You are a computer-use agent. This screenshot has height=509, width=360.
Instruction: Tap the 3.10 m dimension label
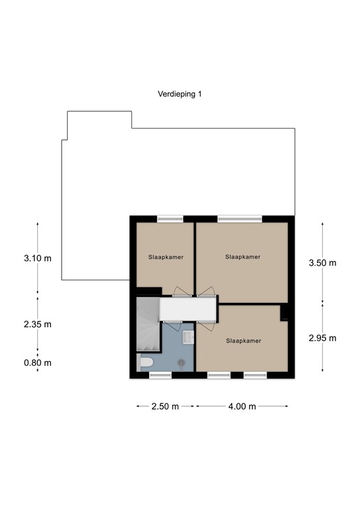37,258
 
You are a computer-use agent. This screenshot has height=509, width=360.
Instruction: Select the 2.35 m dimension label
37,324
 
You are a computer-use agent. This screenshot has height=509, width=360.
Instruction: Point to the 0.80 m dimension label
37,363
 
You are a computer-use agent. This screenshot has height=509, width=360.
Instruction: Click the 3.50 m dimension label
322,262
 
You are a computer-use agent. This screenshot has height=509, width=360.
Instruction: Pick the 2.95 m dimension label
322,337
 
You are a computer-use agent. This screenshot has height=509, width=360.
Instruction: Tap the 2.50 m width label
166,406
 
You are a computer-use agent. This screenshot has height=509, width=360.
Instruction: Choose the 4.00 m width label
242,406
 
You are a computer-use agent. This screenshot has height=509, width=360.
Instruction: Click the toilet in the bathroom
146,362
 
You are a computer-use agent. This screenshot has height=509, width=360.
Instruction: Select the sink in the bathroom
188,338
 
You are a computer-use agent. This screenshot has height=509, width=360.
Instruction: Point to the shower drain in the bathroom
181,362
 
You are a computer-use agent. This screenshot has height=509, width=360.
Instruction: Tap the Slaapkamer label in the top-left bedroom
165,257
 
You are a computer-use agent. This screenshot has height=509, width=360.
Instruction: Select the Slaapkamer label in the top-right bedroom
242,256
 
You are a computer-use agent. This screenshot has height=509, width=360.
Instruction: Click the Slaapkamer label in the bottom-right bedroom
243,341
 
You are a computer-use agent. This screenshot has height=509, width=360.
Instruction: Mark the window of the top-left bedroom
170,219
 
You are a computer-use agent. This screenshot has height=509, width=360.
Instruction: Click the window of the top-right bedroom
239,219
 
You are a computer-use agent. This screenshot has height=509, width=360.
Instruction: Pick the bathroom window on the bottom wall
160,375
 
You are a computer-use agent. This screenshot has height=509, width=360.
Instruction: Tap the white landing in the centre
189,309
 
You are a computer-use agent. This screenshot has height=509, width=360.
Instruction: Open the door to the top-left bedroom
180,292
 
